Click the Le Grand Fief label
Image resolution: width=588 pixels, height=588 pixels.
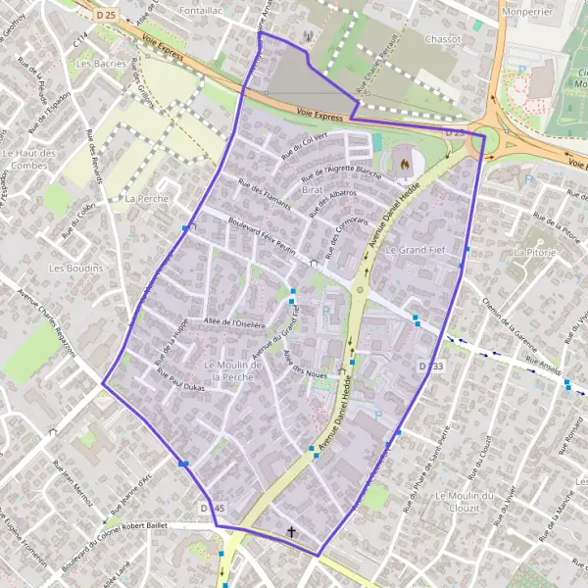(x=415, y=251)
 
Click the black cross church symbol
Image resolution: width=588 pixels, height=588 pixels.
(x=290, y=533)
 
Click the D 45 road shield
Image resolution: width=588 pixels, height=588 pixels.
(x=212, y=509)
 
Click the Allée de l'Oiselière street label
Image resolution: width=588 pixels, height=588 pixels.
(x=236, y=321)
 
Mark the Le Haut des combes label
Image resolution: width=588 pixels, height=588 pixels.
(x=29, y=160)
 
